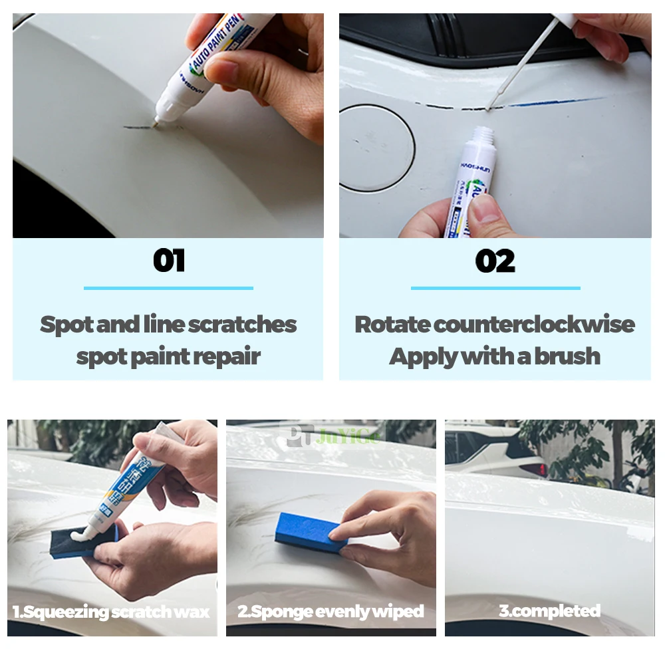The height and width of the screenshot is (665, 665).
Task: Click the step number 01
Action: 168,261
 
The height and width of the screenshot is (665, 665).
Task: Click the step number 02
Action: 495,261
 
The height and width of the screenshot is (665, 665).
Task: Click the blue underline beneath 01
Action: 168,288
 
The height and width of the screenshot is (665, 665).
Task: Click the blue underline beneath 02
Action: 495,288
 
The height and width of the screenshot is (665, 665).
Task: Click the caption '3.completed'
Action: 549,610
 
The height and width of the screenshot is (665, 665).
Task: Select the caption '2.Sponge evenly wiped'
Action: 331,610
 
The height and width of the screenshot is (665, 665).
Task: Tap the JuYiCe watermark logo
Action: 332,436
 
